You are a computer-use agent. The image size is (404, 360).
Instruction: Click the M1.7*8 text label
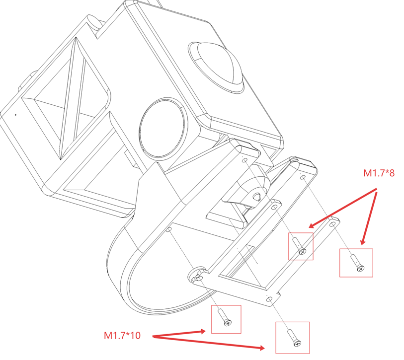tap(379, 173)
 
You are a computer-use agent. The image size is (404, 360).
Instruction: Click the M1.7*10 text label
tap(122, 336)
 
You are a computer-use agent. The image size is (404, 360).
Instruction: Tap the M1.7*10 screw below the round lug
tap(225, 318)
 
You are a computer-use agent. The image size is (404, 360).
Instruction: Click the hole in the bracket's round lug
tap(198, 276)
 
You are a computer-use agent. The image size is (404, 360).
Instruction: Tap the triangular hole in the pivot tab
tap(256, 196)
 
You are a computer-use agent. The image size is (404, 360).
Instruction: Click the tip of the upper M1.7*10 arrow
tap(205, 330)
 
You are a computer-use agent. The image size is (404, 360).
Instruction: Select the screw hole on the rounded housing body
tap(169, 230)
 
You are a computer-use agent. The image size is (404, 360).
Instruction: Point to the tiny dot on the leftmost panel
tap(15, 115)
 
